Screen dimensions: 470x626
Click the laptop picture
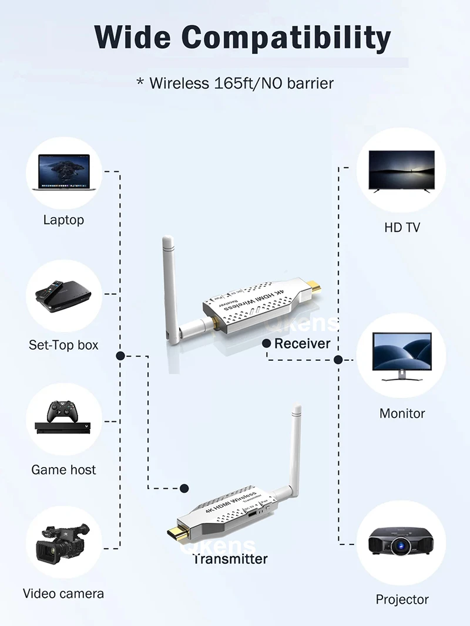point(64,171)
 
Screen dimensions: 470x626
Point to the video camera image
point(62,543)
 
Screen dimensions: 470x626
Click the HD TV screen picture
point(401,170)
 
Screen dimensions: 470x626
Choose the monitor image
point(402,356)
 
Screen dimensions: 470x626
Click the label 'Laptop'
point(63,220)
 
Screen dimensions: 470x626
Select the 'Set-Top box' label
point(63,345)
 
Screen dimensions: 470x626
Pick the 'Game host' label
point(63,469)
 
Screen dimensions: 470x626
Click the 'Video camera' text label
point(63,593)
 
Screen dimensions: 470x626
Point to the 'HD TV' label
point(402,227)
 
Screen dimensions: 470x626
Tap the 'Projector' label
point(402,600)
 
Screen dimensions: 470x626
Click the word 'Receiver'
point(303,343)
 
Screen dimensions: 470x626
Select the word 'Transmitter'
point(230,559)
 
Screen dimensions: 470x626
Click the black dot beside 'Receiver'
point(266,343)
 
